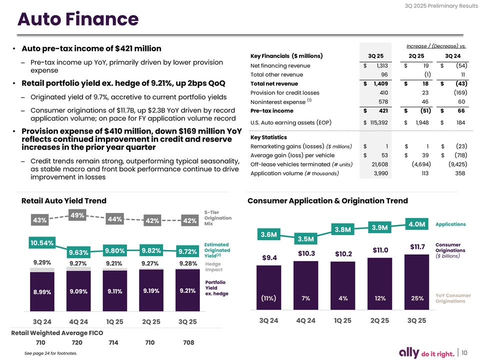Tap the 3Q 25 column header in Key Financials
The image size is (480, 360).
point(375,55)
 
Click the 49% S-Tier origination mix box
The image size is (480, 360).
point(77,215)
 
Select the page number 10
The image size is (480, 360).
point(464,352)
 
